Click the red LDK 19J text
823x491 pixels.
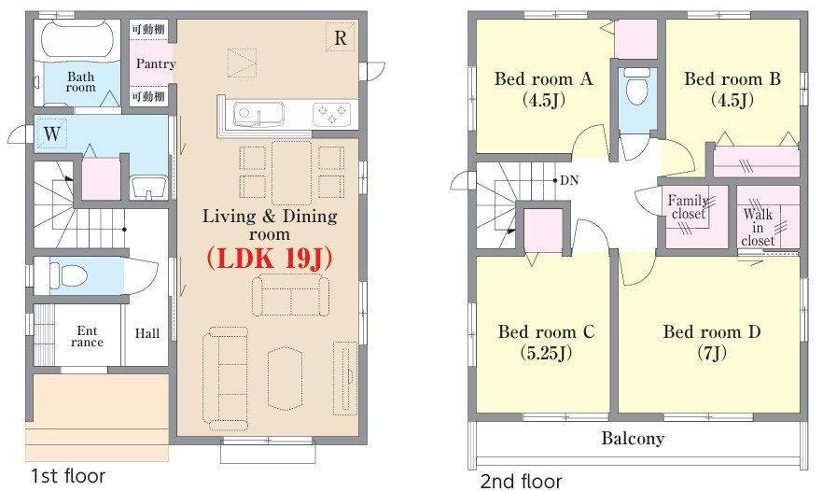pyautogui.click(x=270, y=259)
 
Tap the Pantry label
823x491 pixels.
pyautogui.click(x=155, y=63)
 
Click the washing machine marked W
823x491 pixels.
pyautogui.click(x=51, y=133)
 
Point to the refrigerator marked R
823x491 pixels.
pyautogui.click(x=340, y=38)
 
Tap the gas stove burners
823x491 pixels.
pyautogui.click(x=332, y=115)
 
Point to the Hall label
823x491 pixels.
pyautogui.click(x=147, y=333)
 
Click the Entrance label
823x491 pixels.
pyautogui.click(x=87, y=337)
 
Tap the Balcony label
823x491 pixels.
pyautogui.click(x=633, y=438)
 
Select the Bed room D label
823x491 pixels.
pyautogui.click(x=712, y=332)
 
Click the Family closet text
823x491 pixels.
pyautogui.click(x=689, y=207)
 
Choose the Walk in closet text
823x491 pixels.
pyautogui.click(x=758, y=228)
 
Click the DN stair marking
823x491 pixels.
pyautogui.click(x=569, y=181)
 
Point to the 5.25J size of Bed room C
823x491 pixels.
pyautogui.click(x=546, y=353)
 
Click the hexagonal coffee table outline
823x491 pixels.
pyautogui.click(x=286, y=378)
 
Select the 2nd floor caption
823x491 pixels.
pyautogui.click(x=521, y=481)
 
